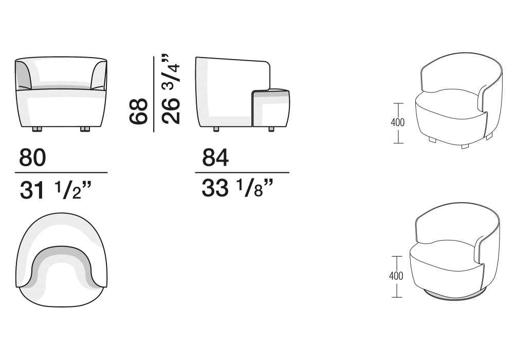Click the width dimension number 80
coord(32,157)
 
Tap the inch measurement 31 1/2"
coord(55,190)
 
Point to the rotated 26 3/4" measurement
coord(171,89)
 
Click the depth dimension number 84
coord(215,157)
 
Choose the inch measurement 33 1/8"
coord(237,188)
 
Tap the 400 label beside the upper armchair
coord(398,122)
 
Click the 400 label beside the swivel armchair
coord(396,276)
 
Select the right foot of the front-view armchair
coord(85,129)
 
